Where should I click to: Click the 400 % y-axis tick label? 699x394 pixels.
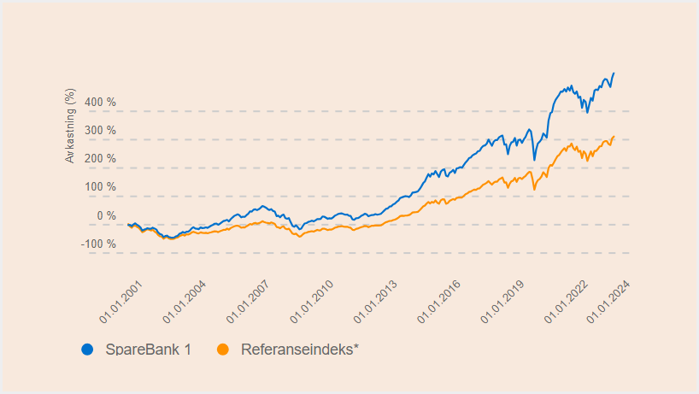(100, 103)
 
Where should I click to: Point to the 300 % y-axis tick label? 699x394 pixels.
(100, 131)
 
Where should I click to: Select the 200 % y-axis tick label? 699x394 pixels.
(100, 159)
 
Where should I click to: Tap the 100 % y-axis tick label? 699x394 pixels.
(100, 187)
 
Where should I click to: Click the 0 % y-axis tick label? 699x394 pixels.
(106, 215)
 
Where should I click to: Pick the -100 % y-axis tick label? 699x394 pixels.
(98, 244)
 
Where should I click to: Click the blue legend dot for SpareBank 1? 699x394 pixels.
(86, 349)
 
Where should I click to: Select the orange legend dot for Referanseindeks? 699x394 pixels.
(223, 349)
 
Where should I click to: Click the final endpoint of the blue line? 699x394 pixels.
(614, 74)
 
